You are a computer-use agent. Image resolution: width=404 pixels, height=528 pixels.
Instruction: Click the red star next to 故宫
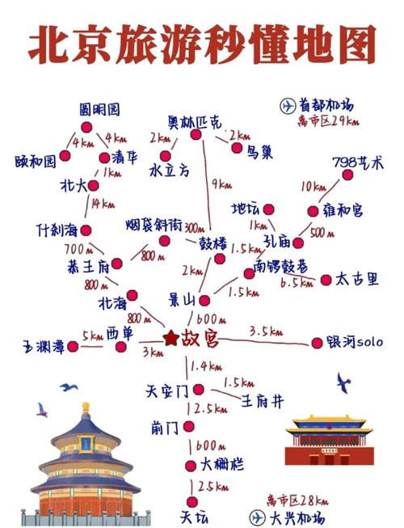point(170,338)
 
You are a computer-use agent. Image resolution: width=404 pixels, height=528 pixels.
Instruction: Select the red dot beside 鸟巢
point(237,148)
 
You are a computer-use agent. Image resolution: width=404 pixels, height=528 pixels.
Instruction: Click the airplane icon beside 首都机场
point(288,105)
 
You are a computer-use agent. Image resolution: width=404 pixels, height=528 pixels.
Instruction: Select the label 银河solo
point(355,343)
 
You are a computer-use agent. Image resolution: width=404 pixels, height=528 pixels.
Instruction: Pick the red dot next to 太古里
point(326,280)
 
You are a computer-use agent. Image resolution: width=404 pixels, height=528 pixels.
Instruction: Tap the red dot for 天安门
point(188,391)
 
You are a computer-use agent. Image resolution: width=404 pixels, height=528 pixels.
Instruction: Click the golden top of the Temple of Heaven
point(85,407)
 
